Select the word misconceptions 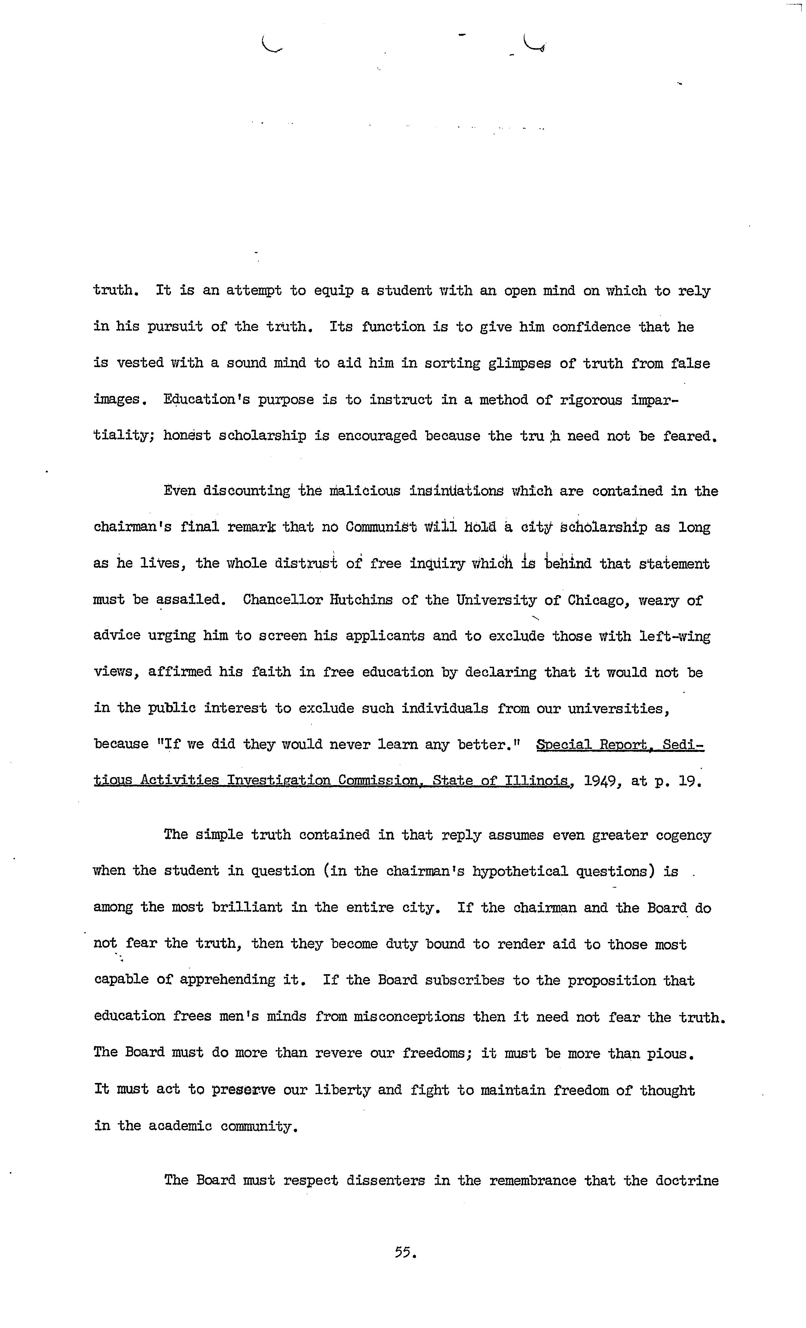409,1017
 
